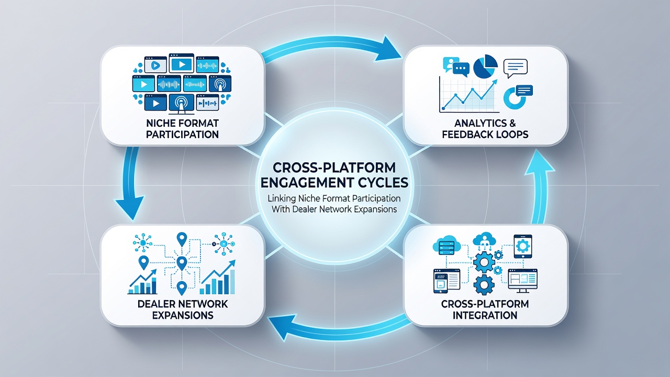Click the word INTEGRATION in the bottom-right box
(485, 315)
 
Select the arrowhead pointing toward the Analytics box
(388, 49)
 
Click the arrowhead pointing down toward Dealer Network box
(130, 207)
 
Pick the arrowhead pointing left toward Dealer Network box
(282, 326)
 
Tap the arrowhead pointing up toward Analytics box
(540, 162)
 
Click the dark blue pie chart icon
(485, 66)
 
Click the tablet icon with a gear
(523, 246)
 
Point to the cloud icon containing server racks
(446, 246)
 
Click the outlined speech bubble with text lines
(516, 68)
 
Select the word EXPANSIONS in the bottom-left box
(183, 315)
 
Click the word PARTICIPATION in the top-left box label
(182, 135)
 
